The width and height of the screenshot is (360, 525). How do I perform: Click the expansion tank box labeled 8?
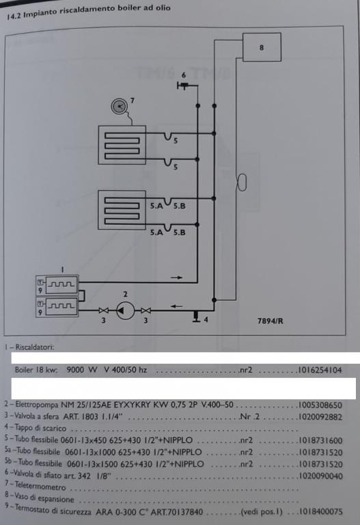pyautogui.click(x=262, y=47)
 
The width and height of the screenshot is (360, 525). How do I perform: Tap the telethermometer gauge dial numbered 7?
pyautogui.click(x=119, y=107)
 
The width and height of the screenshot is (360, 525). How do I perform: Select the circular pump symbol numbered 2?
pyautogui.click(x=126, y=311)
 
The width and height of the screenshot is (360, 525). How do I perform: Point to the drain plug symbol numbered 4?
pyautogui.click(x=196, y=317)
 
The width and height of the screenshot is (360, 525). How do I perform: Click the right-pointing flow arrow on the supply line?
pyautogui.click(x=177, y=278)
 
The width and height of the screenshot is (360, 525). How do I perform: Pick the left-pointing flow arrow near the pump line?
pyautogui.click(x=177, y=306)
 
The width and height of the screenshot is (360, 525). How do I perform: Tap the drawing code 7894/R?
pyautogui.click(x=271, y=321)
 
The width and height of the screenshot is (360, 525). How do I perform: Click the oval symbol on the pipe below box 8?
pyautogui.click(x=242, y=183)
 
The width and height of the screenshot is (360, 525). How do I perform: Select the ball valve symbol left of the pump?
pyautogui.click(x=104, y=311)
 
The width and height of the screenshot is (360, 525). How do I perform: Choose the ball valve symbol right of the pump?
pyautogui.click(x=146, y=311)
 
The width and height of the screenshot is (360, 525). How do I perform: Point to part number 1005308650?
pyautogui.click(x=320, y=405)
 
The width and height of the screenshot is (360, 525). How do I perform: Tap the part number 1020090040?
pyautogui.click(x=320, y=476)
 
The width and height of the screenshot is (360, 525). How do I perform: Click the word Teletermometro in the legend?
pyautogui.click(x=40, y=485)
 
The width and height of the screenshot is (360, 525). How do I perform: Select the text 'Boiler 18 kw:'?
pyautogui.click(x=36, y=370)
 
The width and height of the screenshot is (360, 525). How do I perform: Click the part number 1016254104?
pyautogui.click(x=320, y=370)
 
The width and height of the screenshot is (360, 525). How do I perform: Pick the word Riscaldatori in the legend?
pyautogui.click(x=34, y=347)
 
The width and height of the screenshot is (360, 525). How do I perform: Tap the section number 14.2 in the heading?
pyautogui.click(x=14, y=16)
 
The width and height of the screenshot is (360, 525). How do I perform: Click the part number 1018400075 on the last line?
pyautogui.click(x=320, y=511)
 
